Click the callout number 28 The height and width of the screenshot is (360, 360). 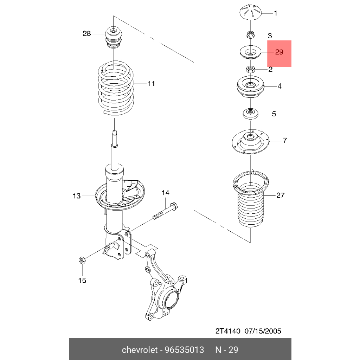[86, 34]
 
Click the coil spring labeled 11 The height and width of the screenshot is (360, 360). [116, 88]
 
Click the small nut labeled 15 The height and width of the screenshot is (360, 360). [81, 261]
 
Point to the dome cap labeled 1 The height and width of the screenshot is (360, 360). [250, 13]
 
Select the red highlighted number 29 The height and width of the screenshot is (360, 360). [279, 52]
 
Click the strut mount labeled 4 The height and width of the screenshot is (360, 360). [250, 88]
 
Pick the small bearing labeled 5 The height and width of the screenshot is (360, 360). [250, 114]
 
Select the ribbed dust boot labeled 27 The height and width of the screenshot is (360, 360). [250, 204]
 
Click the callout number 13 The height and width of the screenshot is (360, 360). [77, 196]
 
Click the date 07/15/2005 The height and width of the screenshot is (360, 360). [264, 331]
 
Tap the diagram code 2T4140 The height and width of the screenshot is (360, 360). [227, 331]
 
